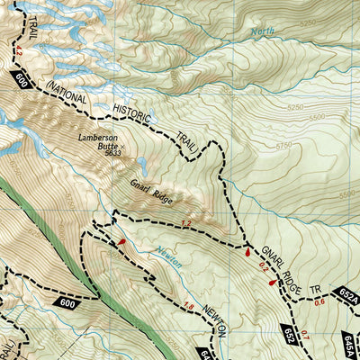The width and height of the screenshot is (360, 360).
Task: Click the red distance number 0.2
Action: [263, 265]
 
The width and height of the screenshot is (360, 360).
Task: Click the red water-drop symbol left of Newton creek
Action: [121, 240]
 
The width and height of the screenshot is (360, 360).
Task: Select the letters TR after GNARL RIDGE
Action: [315, 290]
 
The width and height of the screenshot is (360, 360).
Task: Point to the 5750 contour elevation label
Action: [286, 144]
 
